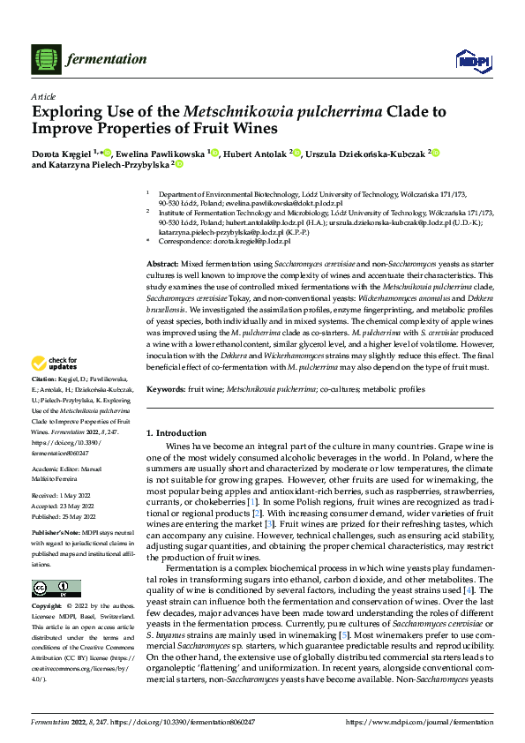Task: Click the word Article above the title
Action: coord(43,96)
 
